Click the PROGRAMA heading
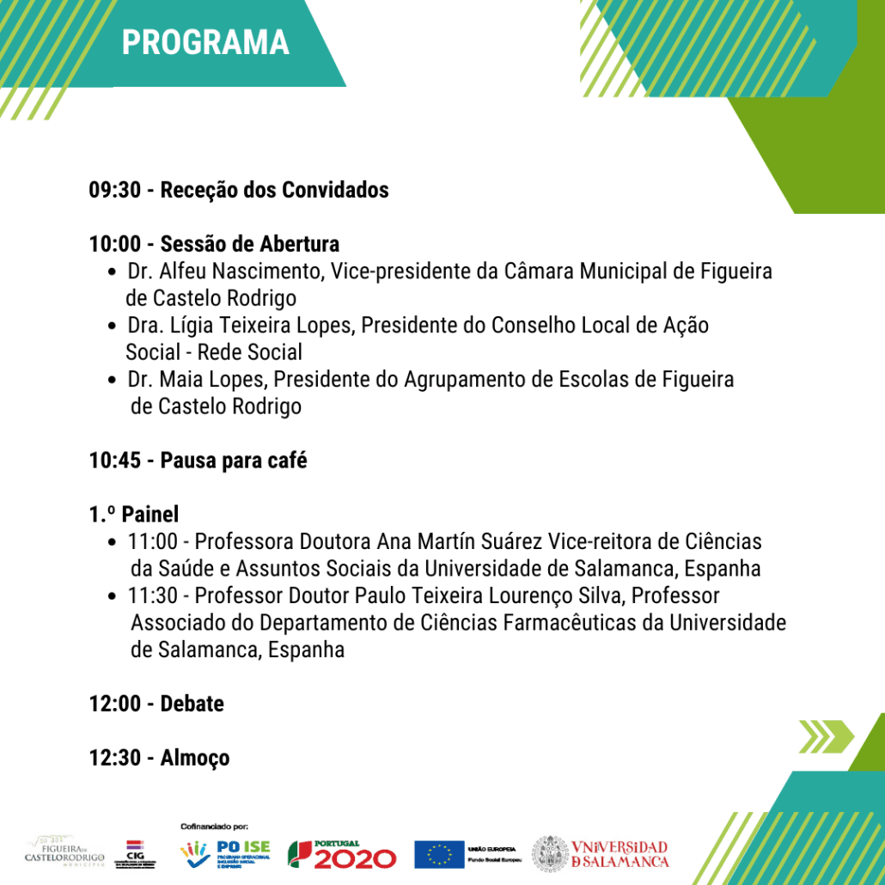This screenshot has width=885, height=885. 205,42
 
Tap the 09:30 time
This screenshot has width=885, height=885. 114,190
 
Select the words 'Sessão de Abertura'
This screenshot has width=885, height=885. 249,244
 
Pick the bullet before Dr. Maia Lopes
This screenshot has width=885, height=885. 113,381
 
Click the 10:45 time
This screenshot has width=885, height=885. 114,461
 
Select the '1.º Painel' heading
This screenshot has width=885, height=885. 133,515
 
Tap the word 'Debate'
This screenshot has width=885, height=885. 192,704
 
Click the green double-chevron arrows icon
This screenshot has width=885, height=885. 826,736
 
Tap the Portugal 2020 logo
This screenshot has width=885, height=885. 342,854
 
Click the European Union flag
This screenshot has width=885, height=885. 439,854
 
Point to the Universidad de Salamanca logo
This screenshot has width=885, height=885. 601,853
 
